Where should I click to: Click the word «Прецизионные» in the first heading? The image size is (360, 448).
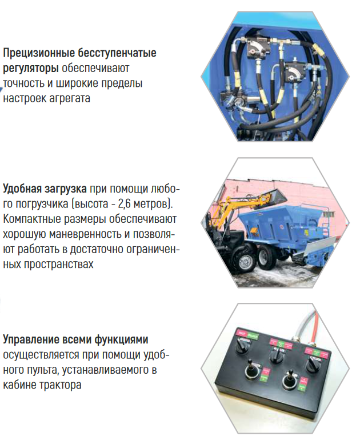click(39, 53)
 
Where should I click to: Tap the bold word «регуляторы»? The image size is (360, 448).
click(31, 69)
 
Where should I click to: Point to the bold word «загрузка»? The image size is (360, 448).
click(66, 189)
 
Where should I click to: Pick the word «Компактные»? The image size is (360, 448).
click(30, 219)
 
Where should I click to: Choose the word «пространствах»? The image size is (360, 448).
click(58, 264)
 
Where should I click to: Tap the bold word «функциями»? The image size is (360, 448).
click(121, 339)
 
